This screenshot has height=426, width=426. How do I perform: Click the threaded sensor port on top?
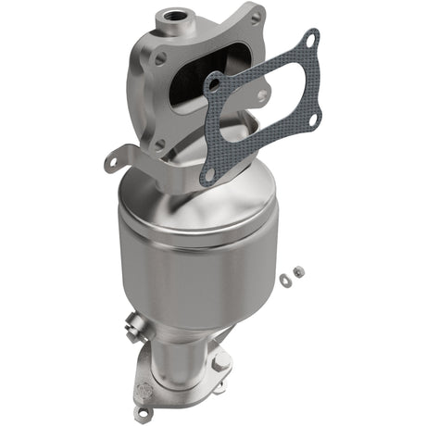[173, 15]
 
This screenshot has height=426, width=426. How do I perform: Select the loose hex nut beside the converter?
[298, 270]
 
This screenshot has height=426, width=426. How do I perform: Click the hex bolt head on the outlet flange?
[219, 364]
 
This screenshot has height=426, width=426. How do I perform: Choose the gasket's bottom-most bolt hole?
[208, 173]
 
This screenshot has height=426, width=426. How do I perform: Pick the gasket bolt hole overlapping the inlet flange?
[212, 84]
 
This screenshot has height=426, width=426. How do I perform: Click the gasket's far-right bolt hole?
[313, 119]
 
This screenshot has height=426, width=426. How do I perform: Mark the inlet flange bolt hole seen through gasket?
[262, 94]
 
